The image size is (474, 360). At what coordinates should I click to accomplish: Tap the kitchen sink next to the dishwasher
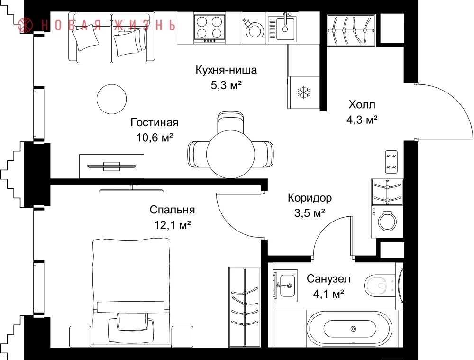282,28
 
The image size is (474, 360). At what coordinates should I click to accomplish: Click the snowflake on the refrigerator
303,92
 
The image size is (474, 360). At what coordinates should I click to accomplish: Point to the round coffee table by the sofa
111,99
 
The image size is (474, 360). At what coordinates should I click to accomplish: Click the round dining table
230,154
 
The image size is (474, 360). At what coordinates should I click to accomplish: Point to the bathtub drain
353,329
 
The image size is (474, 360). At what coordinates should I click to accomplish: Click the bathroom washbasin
285,285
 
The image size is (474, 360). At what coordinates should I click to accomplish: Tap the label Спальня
172,210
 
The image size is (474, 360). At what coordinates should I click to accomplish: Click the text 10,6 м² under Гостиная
155,138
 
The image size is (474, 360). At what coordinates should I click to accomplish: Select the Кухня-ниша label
226,70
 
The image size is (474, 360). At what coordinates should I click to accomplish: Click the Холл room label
362,104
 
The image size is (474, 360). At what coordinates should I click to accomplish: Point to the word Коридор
310,198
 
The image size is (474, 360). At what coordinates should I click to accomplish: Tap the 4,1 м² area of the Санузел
328,294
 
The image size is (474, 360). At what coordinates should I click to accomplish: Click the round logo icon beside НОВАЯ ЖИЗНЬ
26,25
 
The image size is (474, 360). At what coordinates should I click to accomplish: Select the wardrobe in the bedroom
245,307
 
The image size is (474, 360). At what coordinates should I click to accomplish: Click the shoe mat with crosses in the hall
392,162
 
